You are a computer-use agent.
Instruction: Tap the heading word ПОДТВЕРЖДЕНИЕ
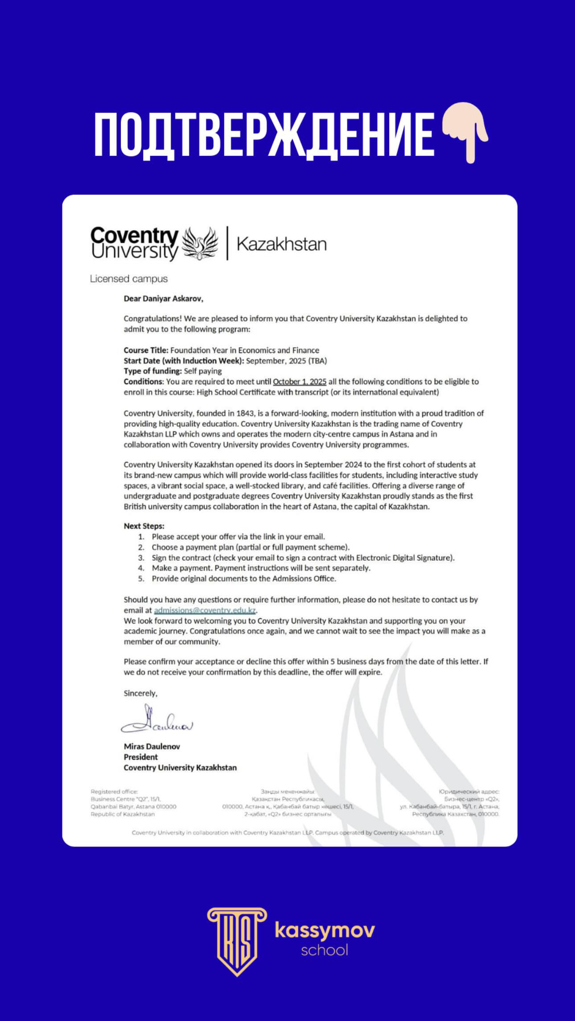tap(264, 134)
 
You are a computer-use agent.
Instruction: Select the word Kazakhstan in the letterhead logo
tap(282, 244)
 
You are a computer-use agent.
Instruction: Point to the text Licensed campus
tap(129, 279)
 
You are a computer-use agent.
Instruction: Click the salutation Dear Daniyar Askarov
tap(163, 299)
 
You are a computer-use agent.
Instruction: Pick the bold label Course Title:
tap(146, 350)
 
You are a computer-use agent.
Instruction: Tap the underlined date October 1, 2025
tap(300, 382)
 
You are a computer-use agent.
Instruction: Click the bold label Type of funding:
tap(153, 371)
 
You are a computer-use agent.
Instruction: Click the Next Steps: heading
tap(144, 526)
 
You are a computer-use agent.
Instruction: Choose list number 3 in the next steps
tap(141, 557)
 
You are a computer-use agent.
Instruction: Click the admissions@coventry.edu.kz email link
tap(205, 610)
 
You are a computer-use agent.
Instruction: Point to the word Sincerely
tap(140, 693)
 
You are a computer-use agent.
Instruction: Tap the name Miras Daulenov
tap(152, 746)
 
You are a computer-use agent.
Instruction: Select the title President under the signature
tap(141, 757)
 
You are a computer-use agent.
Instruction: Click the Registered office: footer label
tap(114, 791)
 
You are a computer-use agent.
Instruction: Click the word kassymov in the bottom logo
tap(324, 930)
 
